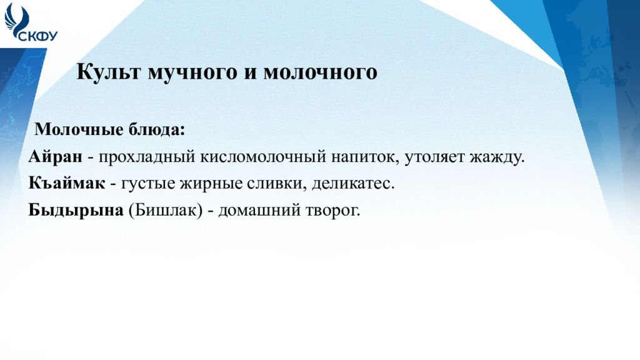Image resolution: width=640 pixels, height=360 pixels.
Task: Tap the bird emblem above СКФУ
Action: (16, 21)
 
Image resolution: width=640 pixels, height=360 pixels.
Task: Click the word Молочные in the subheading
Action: (79, 129)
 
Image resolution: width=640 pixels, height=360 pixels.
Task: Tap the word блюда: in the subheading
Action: (157, 129)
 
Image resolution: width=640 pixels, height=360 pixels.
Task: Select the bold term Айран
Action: (56, 156)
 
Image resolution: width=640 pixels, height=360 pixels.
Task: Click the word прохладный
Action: (147, 157)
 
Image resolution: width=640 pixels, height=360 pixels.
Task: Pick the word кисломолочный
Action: (263, 157)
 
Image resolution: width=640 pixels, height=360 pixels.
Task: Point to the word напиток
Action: (365, 157)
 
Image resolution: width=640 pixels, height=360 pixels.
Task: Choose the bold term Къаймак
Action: (67, 183)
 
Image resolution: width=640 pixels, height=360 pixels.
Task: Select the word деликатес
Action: (353, 184)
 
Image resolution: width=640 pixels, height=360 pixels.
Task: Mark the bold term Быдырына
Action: (76, 211)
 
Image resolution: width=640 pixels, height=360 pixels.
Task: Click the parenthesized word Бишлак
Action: (166, 211)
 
